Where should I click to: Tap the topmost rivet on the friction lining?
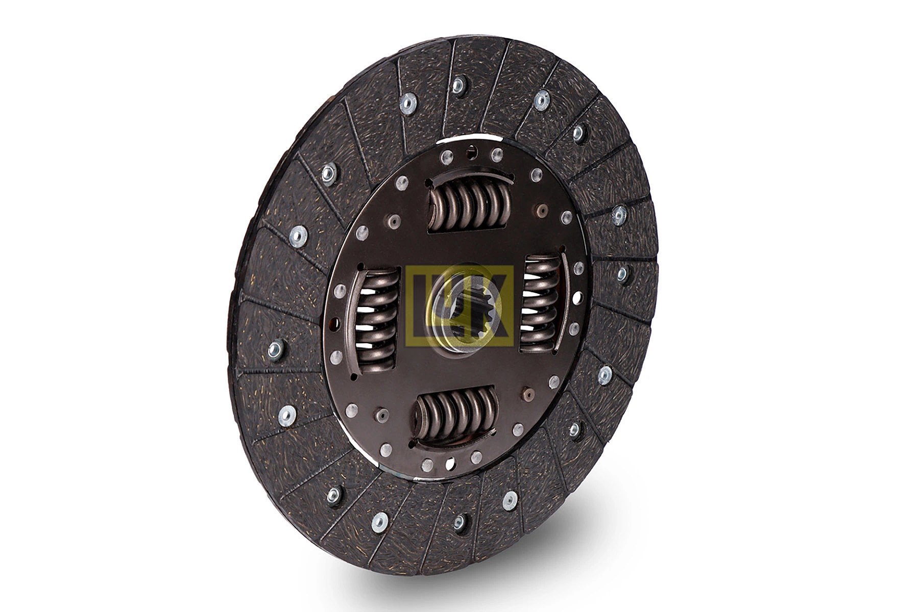pyautogui.click(x=458, y=85)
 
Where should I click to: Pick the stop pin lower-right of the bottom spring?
pyautogui.click(x=528, y=394)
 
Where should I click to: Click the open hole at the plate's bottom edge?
pyautogui.click(x=450, y=463)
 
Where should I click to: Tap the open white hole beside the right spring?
pyautogui.click(x=577, y=297)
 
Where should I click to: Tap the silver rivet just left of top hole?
pyautogui.click(x=447, y=157)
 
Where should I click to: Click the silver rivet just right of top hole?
pyautogui.click(x=496, y=154)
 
